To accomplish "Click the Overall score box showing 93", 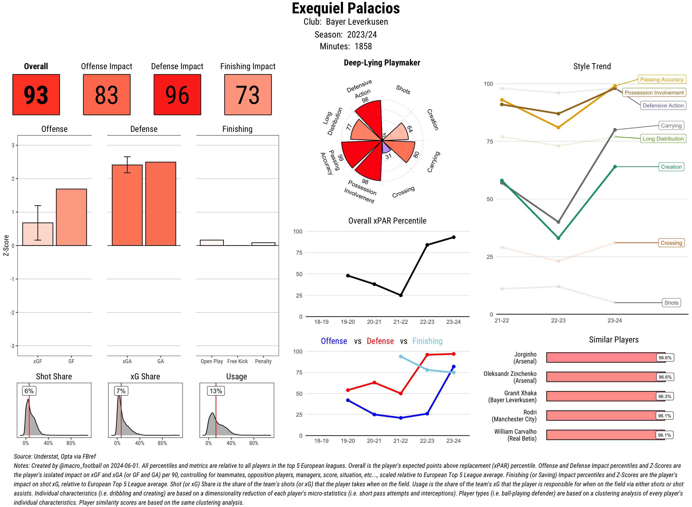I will coord(36,94).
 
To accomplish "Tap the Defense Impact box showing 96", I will coord(177,94).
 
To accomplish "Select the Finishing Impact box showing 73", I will coord(248,94).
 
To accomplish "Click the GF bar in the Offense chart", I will coord(71,217).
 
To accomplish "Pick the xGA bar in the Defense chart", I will coord(127,205).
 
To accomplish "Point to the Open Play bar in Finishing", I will coord(212,243).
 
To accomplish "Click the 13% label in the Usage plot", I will coord(216,391).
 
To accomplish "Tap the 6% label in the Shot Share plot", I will coord(29,391).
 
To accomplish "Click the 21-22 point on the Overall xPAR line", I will coord(400,295).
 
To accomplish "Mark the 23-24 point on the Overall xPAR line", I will coord(454,237).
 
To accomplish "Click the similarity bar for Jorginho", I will coord(602,357).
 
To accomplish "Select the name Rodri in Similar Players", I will coord(530,412).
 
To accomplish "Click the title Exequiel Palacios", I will coord(346,8).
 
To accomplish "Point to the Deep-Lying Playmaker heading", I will coord(382,63).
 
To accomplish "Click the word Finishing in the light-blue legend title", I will coord(427,341).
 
